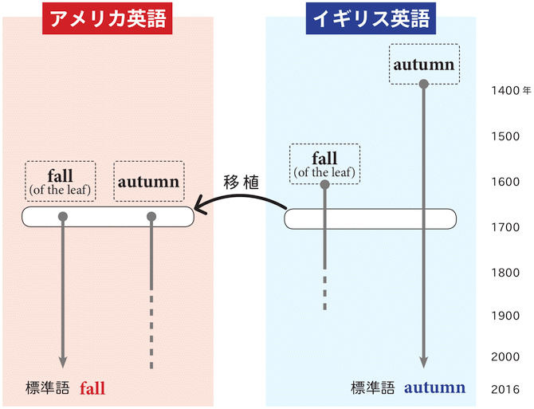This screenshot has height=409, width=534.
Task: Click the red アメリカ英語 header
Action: [x=108, y=18]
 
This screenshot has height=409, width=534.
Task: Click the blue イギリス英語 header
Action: [x=371, y=18]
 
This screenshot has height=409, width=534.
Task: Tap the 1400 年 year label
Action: [x=509, y=90]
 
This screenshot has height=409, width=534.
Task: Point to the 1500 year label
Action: [x=505, y=136]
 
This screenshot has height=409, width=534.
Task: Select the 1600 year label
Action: [x=505, y=182]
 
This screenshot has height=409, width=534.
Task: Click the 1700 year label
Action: [x=505, y=227]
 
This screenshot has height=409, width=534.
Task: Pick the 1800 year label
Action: [x=505, y=272]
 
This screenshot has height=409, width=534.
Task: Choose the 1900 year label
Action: [x=505, y=316]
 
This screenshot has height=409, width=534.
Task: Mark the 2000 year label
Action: [x=505, y=356]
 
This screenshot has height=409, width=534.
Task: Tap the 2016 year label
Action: [x=505, y=389]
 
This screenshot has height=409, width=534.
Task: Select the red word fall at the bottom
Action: [x=92, y=389]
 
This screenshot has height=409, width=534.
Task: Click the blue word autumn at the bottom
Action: [x=434, y=388]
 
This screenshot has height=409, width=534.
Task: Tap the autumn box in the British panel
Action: [x=424, y=64]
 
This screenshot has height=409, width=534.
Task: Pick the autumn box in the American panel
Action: [x=149, y=181]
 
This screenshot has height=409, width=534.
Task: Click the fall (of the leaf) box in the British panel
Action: [x=324, y=163]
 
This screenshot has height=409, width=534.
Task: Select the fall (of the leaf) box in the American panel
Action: [x=61, y=181]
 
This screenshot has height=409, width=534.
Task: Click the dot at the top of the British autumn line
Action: [x=424, y=84]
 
